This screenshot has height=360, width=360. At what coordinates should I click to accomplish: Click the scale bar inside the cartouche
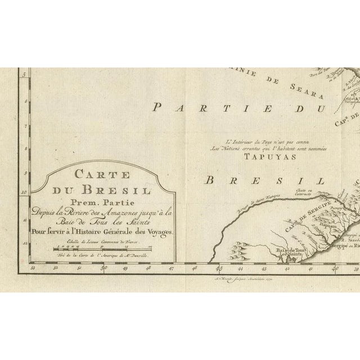pyautogui.click(x=102, y=247)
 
